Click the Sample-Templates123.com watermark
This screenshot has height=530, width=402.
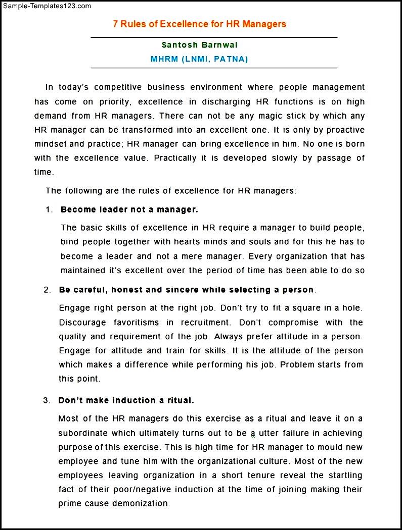tap(46, 6)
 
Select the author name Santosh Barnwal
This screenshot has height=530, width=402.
tap(200, 45)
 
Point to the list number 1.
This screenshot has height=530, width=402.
tap(49, 209)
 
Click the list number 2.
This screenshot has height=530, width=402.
tap(47, 290)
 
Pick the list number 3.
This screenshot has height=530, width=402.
tap(47, 400)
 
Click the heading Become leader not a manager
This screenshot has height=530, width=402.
tap(129, 209)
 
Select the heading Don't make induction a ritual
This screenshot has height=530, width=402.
tap(126, 400)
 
